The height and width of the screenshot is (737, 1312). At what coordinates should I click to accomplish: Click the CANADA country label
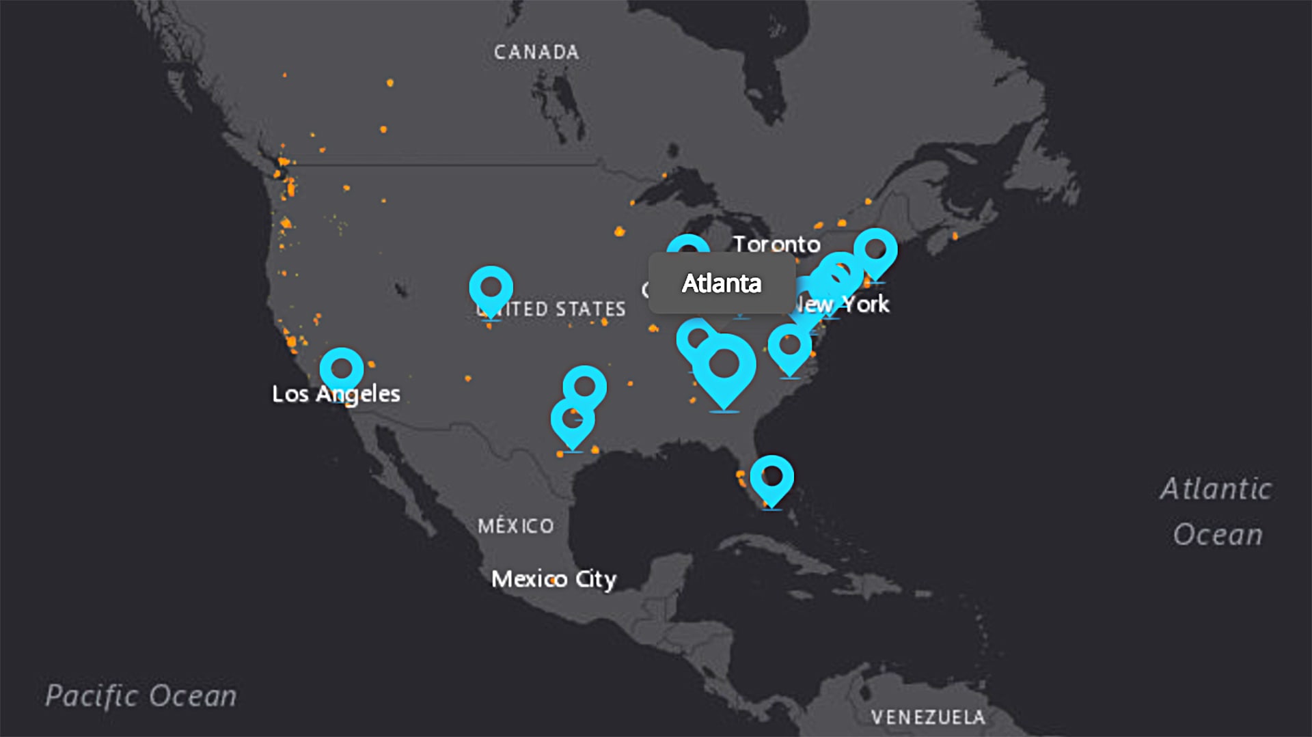[x=536, y=52]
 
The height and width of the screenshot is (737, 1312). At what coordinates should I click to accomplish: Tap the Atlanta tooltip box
[x=722, y=283]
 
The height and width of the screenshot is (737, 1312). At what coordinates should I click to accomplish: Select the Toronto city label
[x=776, y=244]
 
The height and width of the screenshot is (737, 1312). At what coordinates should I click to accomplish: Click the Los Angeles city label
[x=336, y=393]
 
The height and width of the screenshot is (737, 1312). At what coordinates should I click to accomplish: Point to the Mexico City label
[x=553, y=579]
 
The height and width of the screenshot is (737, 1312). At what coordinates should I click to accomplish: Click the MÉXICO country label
[x=516, y=526]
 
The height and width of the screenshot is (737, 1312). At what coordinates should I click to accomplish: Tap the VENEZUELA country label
[x=928, y=717]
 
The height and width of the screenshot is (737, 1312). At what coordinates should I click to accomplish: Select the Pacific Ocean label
[x=141, y=696]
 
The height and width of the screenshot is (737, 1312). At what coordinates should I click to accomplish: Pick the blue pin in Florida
[x=771, y=477]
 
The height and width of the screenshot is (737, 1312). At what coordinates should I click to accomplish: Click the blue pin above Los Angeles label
[x=342, y=370]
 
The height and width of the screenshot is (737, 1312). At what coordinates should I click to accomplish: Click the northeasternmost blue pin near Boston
[x=875, y=250]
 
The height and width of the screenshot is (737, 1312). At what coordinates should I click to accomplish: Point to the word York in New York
[x=865, y=304]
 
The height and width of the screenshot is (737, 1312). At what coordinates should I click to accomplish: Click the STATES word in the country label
[x=590, y=309]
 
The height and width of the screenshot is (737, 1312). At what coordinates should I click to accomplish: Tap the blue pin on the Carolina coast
[x=790, y=346]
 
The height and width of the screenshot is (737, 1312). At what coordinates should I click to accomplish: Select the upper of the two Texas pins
[x=584, y=387]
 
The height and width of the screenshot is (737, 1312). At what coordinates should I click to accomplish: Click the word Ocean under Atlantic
[x=1218, y=535]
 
